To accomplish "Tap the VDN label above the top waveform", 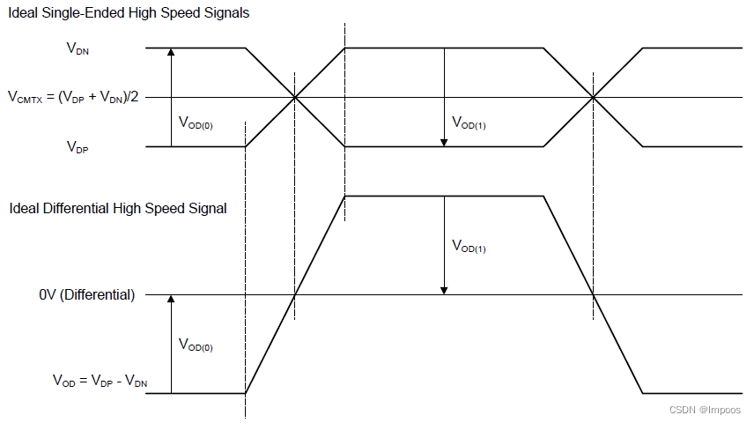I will coord(78,49).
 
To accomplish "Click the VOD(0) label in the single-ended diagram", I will coord(196,123).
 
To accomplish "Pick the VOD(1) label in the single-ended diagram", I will coord(468,123).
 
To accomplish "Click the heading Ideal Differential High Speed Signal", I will coord(118,209).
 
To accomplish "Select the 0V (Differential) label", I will coord(87,295).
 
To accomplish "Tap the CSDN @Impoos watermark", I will coord(705,410).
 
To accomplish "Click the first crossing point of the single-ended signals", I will coord(294,97).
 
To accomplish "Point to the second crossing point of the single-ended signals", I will coord(595,97).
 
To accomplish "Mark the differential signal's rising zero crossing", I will coord(294,294).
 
